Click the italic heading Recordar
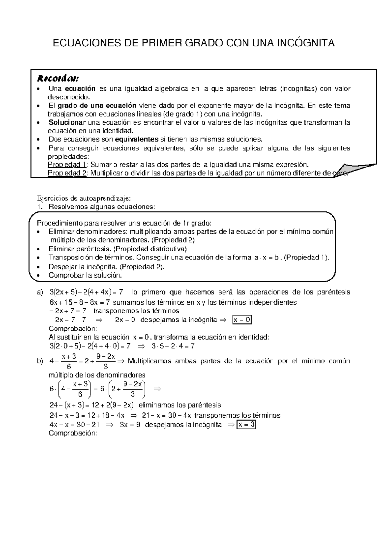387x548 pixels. [58, 78]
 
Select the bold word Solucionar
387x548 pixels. [67, 122]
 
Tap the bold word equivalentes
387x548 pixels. [137, 139]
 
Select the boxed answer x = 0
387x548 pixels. [242, 320]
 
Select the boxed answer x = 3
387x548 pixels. [246, 425]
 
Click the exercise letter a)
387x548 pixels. [40, 292]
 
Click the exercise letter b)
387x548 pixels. [40, 361]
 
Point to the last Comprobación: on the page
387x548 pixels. [73, 433]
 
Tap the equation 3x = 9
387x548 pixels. [130, 425]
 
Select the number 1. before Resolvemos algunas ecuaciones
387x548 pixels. [40, 207]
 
